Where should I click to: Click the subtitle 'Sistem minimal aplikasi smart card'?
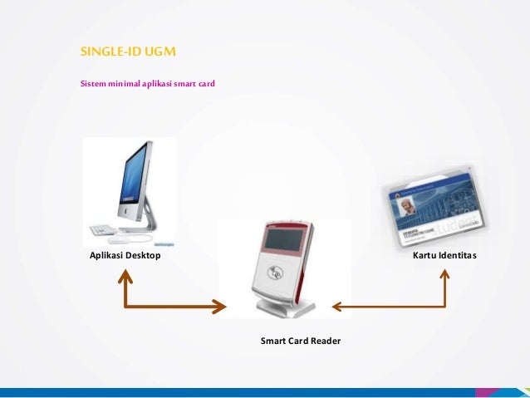147,84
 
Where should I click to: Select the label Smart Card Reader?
300,341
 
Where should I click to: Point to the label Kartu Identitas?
444,256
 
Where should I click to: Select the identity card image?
434,208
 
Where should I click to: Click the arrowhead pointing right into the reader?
219,307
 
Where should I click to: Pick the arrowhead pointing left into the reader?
337,307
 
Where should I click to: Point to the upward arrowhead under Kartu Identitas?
445,276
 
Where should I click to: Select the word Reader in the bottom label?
325,341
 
